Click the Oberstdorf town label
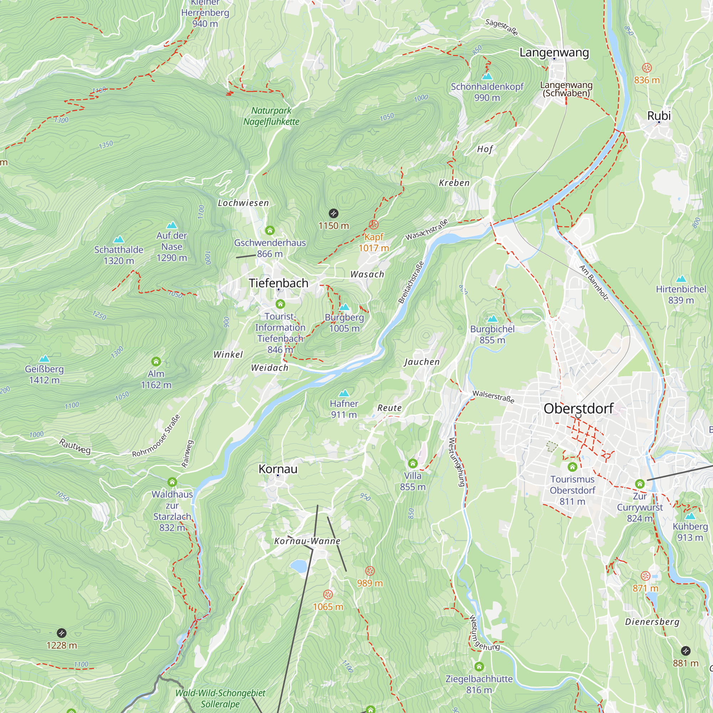[578, 409]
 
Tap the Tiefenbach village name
[278, 283]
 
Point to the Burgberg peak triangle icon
[344, 307]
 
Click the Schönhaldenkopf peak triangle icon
[487, 76]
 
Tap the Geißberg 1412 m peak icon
[44, 359]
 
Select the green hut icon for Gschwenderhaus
[270, 231]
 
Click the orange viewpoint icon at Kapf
[374, 224]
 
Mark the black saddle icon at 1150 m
[333, 213]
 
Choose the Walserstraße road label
[493, 397]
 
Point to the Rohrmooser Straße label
[156, 436]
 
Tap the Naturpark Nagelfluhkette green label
[271, 116]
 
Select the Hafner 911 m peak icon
[344, 393]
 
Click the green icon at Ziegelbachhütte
[479, 667]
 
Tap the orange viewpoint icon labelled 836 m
[647, 67]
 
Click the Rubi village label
[659, 116]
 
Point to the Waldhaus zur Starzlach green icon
[172, 482]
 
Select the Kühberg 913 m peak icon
[690, 516]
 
